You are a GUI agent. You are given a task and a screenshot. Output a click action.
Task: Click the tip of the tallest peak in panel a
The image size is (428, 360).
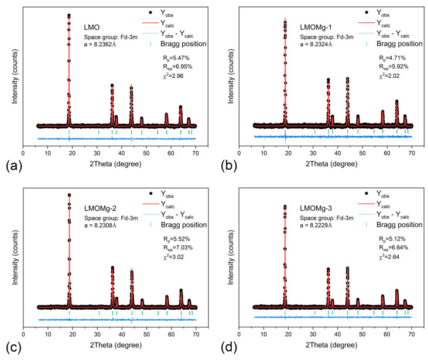69,15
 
